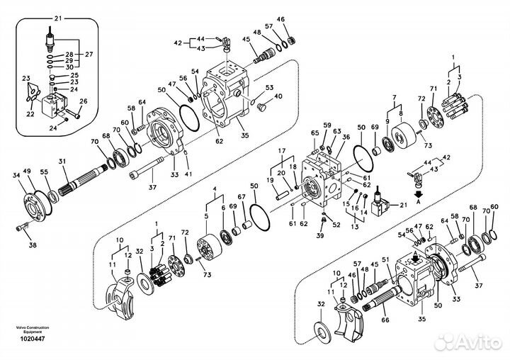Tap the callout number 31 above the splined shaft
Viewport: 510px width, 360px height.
62,160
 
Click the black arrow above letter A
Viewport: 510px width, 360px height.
418,189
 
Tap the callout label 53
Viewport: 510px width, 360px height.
269,87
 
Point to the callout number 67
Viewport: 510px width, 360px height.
241,196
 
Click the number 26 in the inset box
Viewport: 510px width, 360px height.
83,101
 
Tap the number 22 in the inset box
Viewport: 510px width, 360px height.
30,113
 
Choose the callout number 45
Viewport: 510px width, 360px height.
246,40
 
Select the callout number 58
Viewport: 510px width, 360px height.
131,108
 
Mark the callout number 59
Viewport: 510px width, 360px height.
327,126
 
